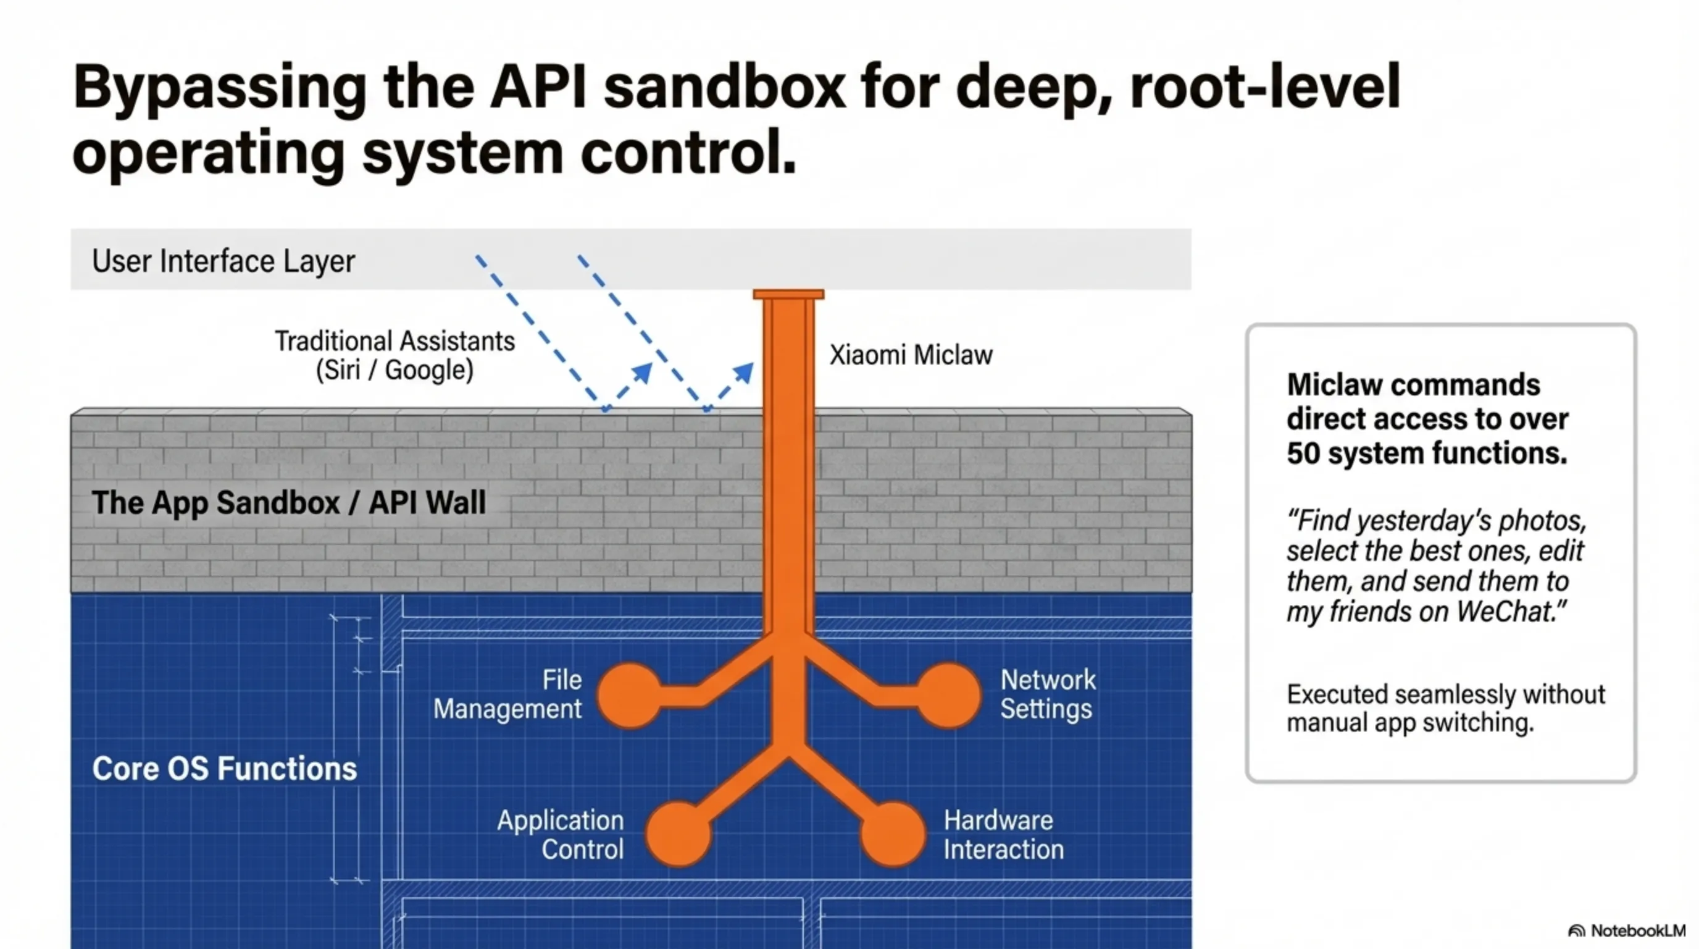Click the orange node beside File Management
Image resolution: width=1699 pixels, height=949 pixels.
(x=630, y=696)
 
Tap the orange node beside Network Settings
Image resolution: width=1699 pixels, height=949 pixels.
(x=949, y=696)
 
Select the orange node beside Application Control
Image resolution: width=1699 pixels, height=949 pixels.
(x=678, y=833)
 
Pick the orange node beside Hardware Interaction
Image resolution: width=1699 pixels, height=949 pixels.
(x=893, y=833)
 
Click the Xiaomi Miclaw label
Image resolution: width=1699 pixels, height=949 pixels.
(x=910, y=355)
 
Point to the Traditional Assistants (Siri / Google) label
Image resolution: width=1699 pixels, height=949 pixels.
(x=394, y=356)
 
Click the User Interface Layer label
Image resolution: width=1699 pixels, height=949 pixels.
(x=223, y=261)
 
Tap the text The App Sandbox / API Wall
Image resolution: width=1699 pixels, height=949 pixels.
(x=288, y=502)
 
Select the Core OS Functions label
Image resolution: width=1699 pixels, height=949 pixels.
(x=224, y=768)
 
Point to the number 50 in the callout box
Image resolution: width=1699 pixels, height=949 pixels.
(x=1303, y=453)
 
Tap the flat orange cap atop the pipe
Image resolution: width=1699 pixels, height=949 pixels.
(x=788, y=294)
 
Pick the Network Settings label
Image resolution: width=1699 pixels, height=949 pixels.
(x=1047, y=694)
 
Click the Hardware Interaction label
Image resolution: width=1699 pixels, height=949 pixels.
(x=1003, y=834)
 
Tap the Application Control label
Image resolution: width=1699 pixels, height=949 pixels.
(x=561, y=834)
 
